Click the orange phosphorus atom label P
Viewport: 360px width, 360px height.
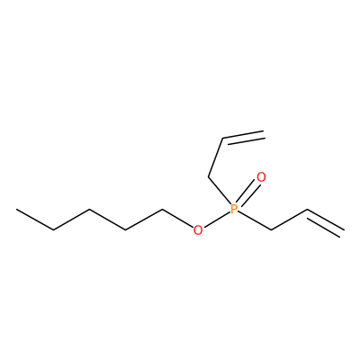pyautogui.click(x=234, y=209)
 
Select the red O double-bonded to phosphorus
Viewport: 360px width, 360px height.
pyautogui.click(x=261, y=177)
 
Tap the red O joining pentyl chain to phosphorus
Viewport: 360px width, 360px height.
pyautogui.click(x=198, y=230)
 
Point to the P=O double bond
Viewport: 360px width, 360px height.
pyautogui.click(x=247, y=193)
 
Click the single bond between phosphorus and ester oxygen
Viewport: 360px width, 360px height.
pyautogui.click(x=216, y=220)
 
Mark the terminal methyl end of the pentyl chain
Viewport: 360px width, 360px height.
pyautogui.click(x=17, y=209)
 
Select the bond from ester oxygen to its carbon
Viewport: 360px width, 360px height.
pyautogui.click(x=177, y=218)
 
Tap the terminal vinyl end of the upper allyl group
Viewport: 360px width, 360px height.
pyautogui.click(x=264, y=134)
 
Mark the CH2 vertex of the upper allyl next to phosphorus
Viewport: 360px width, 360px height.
pyautogui.click(x=208, y=176)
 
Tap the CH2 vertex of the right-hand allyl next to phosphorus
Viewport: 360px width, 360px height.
pyautogui.click(x=271, y=230)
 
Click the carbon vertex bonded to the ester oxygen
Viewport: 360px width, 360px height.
pyautogui.click(x=162, y=209)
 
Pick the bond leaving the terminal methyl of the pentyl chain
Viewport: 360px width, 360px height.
pyautogui.click(x=35, y=220)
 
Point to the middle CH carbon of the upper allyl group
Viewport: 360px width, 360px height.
pyautogui.click(x=222, y=139)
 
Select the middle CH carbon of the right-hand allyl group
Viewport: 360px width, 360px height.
pyautogui.click(x=307, y=210)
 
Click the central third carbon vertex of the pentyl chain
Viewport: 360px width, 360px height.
pyautogui.click(x=90, y=209)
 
